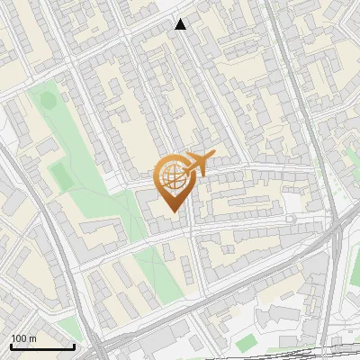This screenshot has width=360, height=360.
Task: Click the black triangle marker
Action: [x=181, y=24]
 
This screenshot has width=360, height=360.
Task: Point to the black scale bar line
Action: [x=42, y=346]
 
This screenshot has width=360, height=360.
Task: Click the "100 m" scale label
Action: [x=23, y=338]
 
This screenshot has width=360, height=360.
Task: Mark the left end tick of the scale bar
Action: [x=11, y=344]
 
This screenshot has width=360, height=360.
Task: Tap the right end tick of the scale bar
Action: [x=74, y=344]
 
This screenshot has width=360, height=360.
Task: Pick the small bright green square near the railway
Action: [x=246, y=342]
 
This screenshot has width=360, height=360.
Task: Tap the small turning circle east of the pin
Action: [x=290, y=218]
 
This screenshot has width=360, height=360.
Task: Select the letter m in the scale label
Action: [x=32, y=338]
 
